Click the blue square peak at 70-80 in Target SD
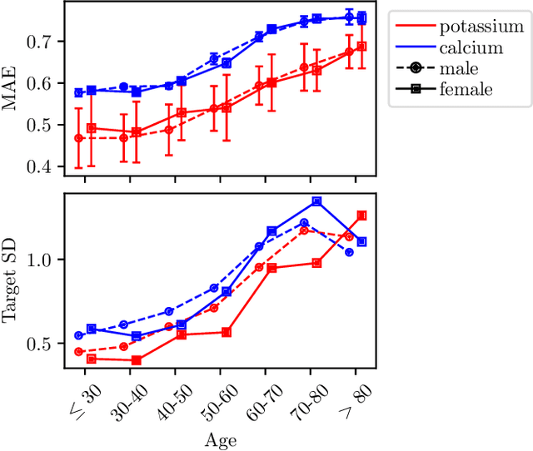click(x=316, y=201)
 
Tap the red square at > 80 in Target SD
click(x=361, y=216)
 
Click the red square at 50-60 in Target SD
click(x=227, y=332)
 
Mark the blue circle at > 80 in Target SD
click(x=349, y=252)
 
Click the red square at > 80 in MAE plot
click(x=361, y=47)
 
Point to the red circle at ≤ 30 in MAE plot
click(x=79, y=138)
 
